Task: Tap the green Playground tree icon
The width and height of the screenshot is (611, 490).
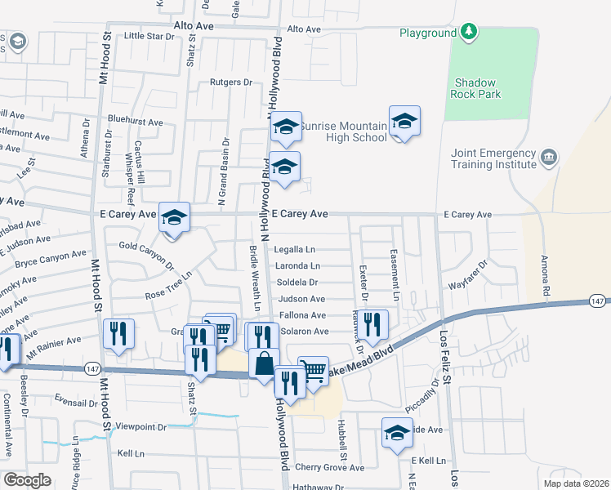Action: click(x=469, y=33)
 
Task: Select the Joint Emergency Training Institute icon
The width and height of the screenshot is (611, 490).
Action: click(x=549, y=156)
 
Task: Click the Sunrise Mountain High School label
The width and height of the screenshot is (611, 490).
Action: click(x=343, y=132)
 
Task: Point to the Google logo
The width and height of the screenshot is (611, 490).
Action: click(x=28, y=479)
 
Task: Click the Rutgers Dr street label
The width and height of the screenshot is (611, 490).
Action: click(x=231, y=82)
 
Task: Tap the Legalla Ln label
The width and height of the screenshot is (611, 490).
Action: click(x=295, y=250)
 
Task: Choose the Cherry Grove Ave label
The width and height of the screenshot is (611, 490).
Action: click(x=330, y=468)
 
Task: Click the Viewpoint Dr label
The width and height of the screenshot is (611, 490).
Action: click(x=140, y=427)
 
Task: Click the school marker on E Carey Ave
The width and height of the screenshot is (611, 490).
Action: click(x=174, y=217)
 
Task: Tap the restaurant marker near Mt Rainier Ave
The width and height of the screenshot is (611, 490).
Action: click(x=119, y=333)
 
